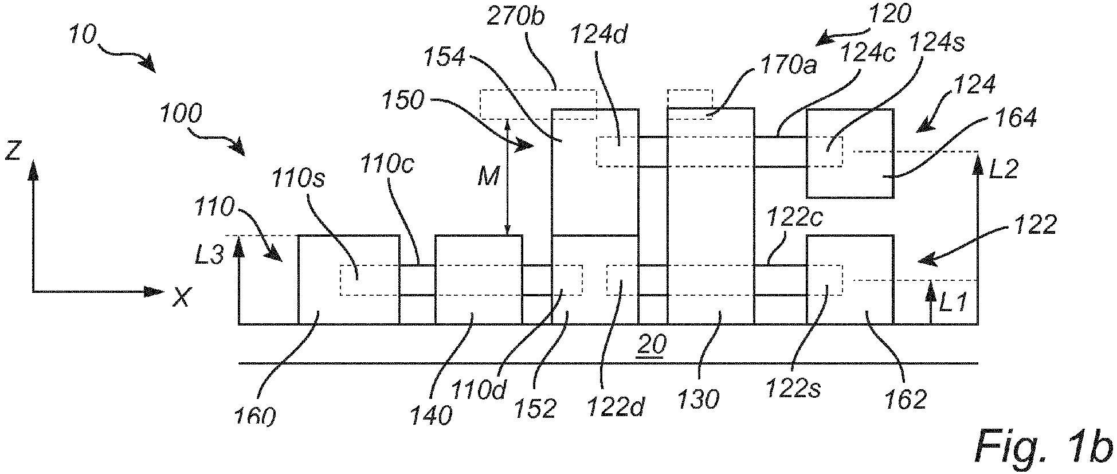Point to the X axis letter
[x=181, y=296]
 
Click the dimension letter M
[x=488, y=178]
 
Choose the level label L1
[x=954, y=302]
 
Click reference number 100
[x=181, y=114]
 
